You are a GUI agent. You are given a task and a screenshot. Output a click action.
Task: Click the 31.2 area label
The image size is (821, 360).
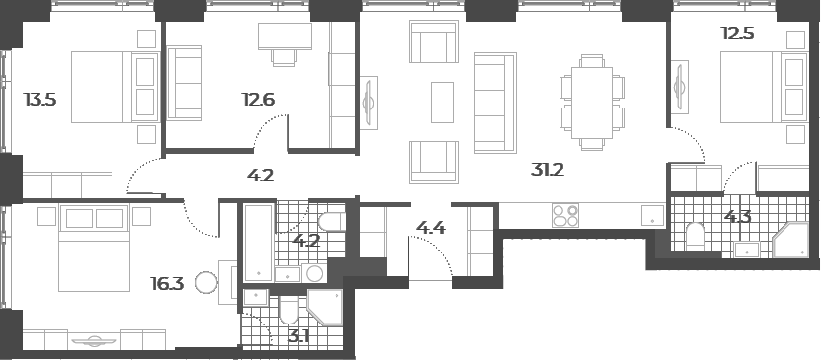coord(547,170)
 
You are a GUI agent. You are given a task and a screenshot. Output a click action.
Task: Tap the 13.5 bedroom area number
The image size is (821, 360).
coord(39,99)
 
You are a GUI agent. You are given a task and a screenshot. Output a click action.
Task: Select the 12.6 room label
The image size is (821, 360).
coord(259,99)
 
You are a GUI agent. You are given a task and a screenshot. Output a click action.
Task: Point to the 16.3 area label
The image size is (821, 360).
coord(167,284)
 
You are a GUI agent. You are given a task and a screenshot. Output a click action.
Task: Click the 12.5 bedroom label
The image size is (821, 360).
coord(737,34)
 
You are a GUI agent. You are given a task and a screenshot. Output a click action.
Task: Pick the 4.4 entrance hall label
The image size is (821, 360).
coord(431,228)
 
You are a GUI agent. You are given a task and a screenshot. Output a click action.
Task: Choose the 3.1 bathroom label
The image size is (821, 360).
coord(298,336)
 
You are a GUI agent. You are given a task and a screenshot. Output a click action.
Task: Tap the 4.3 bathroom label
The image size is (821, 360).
coord(738,216)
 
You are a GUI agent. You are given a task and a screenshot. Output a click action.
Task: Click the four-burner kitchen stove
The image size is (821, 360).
coord(565,216)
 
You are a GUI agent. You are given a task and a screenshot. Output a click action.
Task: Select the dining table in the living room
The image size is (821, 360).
coord(592,103)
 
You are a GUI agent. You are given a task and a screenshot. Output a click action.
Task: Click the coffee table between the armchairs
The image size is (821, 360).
coord(442,102)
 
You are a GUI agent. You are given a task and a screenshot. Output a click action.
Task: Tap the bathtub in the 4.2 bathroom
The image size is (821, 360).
coord(259,244)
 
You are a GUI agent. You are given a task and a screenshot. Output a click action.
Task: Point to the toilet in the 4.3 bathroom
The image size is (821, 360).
coord(696,235)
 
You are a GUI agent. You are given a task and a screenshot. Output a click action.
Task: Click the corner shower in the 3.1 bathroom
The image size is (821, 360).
coord(325,308)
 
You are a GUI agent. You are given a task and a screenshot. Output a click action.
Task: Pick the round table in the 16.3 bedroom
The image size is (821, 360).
coord(206,283)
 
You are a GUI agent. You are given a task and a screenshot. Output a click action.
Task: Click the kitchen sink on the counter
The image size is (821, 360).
coord(652,216)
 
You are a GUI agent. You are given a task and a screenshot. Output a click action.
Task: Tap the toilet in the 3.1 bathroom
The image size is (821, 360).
coord(289,311)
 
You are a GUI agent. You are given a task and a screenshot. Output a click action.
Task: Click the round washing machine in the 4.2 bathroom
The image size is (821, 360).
coord(314,273)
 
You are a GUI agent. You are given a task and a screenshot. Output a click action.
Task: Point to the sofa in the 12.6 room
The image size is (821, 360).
coord(185,83)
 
